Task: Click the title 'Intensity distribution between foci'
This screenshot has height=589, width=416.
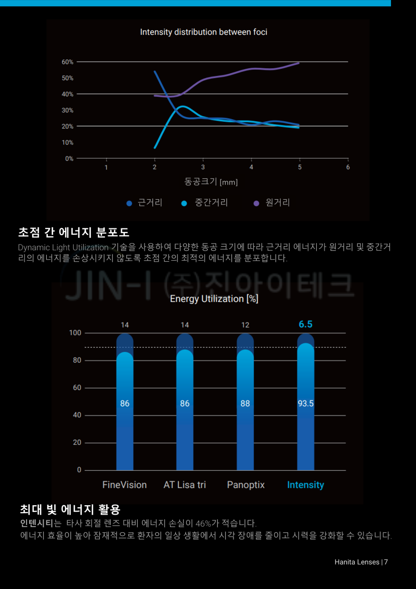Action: pyautogui.click(x=203, y=32)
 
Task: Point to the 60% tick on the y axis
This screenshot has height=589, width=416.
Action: pyautogui.click(x=68, y=62)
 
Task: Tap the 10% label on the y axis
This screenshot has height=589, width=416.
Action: pyautogui.click(x=68, y=143)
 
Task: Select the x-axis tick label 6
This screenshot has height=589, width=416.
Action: pyautogui.click(x=348, y=167)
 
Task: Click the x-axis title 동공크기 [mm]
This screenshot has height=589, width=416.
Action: pyautogui.click(x=211, y=182)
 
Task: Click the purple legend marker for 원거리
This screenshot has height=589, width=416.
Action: pyautogui.click(x=256, y=203)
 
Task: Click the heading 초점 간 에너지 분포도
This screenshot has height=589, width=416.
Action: pyautogui.click(x=73, y=232)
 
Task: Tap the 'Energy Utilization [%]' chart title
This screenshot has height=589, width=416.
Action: pyautogui.click(x=214, y=299)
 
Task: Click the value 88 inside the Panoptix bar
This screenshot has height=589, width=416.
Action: pyautogui.click(x=245, y=403)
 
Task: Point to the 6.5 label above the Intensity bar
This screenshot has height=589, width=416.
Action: pyautogui.click(x=305, y=324)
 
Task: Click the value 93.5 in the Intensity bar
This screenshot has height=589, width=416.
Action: pyautogui.click(x=305, y=403)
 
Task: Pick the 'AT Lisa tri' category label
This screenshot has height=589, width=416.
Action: pyautogui.click(x=185, y=485)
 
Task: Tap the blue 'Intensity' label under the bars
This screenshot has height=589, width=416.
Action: pyautogui.click(x=305, y=485)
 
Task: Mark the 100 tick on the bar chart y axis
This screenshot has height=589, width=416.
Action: pyautogui.click(x=75, y=333)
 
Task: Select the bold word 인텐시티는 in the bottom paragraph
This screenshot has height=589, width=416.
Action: pyautogui.click(x=41, y=522)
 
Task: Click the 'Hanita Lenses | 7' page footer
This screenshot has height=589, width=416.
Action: pyautogui.click(x=361, y=562)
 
